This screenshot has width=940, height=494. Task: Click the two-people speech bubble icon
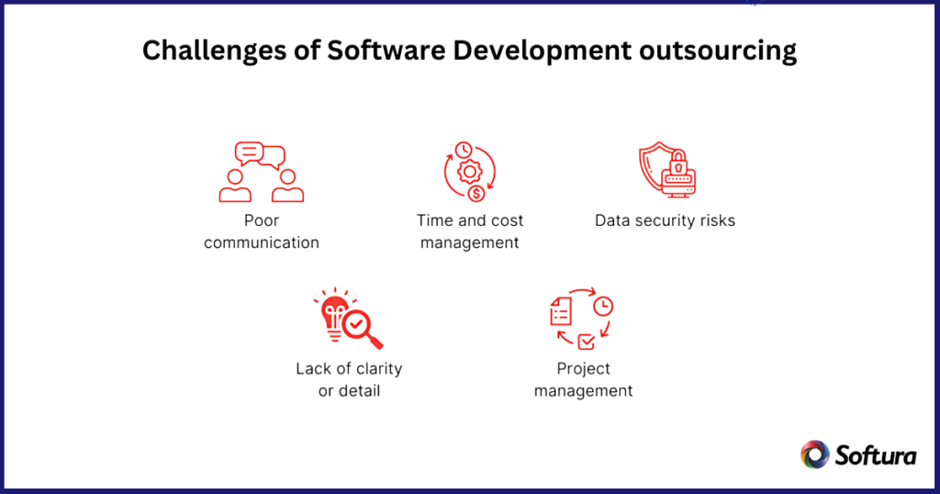click(x=262, y=172)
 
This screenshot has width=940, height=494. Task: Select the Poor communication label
click(x=262, y=231)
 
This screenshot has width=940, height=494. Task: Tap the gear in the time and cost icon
click(x=470, y=172)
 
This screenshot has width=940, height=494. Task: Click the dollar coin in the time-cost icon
click(x=476, y=193)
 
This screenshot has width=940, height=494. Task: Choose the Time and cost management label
click(x=470, y=231)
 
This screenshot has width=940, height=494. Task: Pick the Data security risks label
click(x=665, y=220)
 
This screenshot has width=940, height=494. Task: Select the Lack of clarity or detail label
click(x=349, y=379)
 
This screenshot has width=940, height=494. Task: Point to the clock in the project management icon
click(x=603, y=307)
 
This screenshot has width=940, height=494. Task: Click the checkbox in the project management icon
click(x=585, y=342)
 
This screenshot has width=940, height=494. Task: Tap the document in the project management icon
click(x=560, y=314)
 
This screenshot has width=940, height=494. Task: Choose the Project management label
click(x=583, y=379)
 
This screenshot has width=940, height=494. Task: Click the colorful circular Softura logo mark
click(x=815, y=455)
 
